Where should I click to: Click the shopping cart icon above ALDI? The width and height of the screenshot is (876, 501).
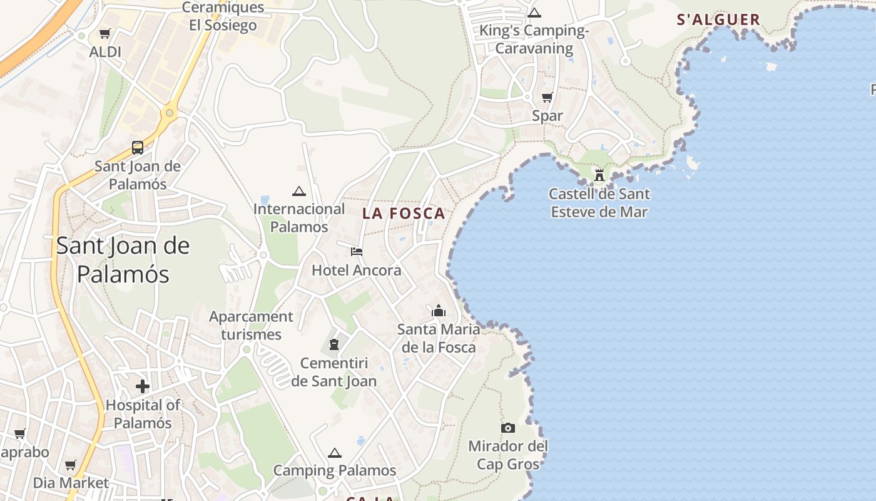(105, 33)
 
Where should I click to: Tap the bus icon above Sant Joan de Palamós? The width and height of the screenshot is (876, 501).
(138, 148)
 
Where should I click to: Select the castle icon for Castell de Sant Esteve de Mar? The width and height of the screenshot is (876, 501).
(599, 175)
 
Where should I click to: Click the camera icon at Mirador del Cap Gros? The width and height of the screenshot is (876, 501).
(508, 428)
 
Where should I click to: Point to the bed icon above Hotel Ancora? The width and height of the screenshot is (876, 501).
(357, 252)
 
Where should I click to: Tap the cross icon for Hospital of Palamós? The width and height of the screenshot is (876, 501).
(143, 386)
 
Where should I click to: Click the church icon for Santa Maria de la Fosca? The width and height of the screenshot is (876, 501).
(439, 311)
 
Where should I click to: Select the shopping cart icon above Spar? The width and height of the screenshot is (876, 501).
(547, 97)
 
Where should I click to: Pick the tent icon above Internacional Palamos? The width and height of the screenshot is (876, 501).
(299, 191)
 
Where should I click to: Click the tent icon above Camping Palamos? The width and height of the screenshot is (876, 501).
(335, 453)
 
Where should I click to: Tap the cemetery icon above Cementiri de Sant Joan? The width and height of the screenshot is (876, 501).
(334, 344)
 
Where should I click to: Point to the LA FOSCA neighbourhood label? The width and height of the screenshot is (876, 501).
(404, 214)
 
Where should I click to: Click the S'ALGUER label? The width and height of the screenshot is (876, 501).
(718, 19)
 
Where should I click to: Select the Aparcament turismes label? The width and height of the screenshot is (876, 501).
(251, 326)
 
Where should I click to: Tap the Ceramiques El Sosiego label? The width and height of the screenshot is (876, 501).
(223, 16)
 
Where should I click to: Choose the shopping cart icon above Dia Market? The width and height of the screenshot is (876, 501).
(71, 465)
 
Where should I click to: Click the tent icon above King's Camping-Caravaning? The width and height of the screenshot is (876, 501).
(534, 13)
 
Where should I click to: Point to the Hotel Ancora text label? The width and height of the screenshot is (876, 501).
(357, 271)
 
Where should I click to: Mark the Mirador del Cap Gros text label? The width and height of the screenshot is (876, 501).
(508, 455)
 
